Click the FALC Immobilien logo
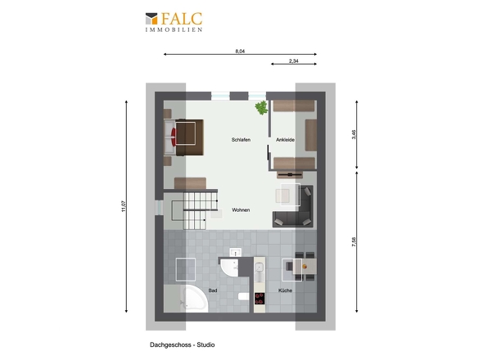pos(174,22)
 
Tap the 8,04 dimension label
pos(240,52)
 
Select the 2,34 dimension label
pos(294,61)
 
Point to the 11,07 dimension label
pos(124,206)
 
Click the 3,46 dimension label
pos(354,134)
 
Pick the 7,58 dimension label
pos(354,241)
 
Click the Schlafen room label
pos(241,140)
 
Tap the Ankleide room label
pos(285,140)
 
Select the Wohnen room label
pos(241,210)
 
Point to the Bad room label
pos(213,290)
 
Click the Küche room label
pos(285,290)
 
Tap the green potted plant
pos(261,107)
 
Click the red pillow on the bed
pos(174,137)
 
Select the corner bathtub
pos(195,299)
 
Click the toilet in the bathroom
pos(243,296)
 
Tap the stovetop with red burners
pos(260,298)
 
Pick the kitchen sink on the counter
pos(260,268)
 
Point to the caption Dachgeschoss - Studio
pos(183,345)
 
